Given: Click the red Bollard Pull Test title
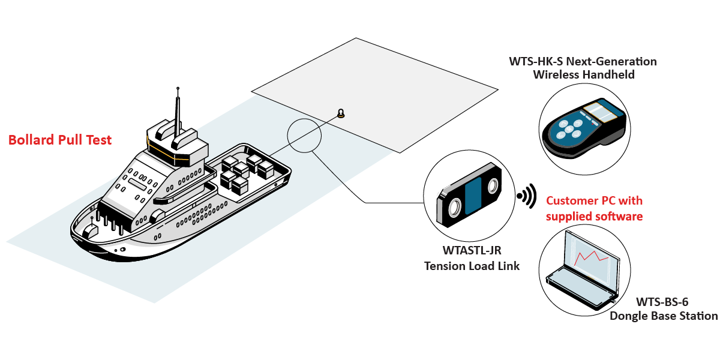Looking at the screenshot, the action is click(60, 140).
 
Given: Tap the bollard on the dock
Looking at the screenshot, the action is click(341, 113).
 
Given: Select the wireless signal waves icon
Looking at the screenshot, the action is click(527, 196).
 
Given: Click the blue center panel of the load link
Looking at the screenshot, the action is click(473, 196).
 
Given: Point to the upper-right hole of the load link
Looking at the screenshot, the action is click(493, 187).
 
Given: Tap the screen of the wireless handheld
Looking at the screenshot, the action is click(601, 112).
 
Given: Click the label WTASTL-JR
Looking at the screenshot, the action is click(472, 250).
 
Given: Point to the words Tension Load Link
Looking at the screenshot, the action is click(472, 266).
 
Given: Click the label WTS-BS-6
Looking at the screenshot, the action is click(662, 302).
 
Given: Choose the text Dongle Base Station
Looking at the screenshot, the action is click(664, 316).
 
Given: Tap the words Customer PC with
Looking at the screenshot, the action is click(595, 201).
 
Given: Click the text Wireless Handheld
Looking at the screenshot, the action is click(584, 75).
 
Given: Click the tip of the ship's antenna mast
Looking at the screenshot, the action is click(178, 88).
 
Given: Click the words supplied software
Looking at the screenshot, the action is click(595, 217).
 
